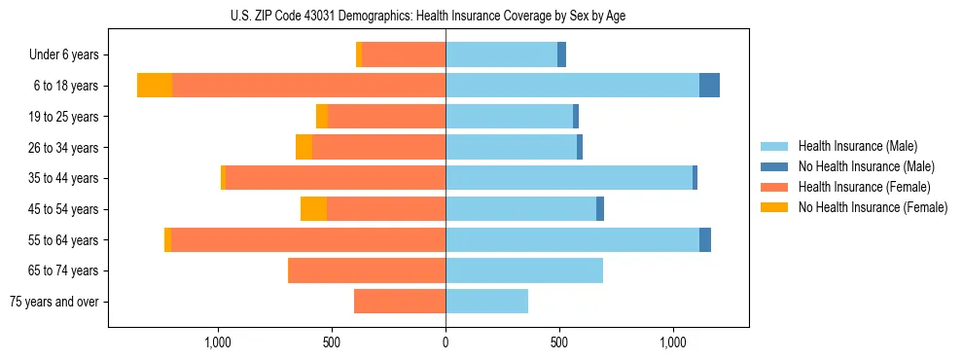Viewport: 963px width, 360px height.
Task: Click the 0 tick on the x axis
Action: point(446,342)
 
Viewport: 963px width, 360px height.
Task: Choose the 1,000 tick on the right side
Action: point(673,342)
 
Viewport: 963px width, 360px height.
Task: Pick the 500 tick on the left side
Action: point(331,342)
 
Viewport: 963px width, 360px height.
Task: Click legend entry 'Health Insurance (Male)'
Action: point(857,146)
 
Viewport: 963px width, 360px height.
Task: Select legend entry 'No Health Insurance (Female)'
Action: point(873,207)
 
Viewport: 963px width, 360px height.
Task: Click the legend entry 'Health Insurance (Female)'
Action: point(864,187)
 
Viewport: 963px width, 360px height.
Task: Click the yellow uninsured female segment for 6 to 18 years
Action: point(155,86)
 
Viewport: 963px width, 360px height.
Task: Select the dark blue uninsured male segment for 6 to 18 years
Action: point(709,86)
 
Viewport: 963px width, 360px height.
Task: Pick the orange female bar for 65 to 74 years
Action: point(367,270)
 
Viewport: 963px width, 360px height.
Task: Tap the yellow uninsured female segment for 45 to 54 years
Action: point(313,209)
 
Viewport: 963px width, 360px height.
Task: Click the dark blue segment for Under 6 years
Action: point(561,54)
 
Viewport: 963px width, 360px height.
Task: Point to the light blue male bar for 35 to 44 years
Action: point(569,178)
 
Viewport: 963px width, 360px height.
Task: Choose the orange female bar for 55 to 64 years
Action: point(308,240)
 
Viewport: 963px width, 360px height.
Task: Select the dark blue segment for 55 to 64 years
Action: point(705,240)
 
